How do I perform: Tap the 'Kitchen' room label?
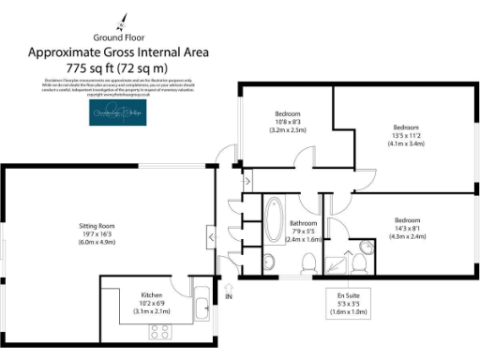(x=152, y=293)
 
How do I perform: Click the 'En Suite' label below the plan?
(x=348, y=293)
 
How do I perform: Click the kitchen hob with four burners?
(x=158, y=330)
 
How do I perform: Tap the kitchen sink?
(x=202, y=290)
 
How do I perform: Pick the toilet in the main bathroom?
(x=268, y=262)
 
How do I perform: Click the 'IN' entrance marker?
(x=229, y=297)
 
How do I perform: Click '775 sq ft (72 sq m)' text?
(x=117, y=68)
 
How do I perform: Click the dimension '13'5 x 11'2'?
(x=405, y=136)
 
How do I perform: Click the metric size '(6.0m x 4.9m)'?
(x=96, y=243)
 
